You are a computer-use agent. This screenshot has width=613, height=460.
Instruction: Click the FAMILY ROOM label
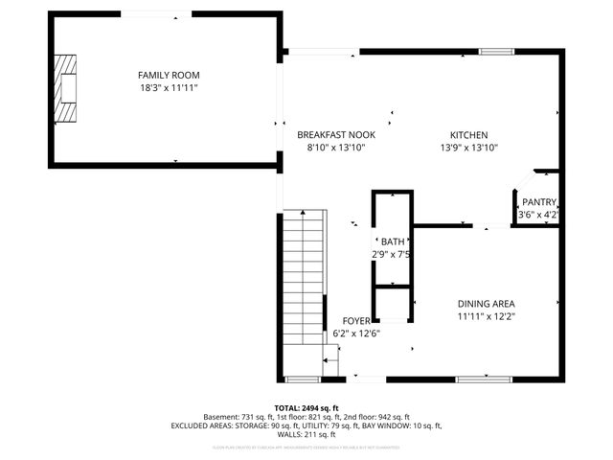(x=169, y=75)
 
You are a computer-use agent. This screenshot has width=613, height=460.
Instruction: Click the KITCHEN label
(x=470, y=135)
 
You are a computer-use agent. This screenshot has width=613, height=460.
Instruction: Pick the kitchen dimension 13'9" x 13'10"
(x=469, y=148)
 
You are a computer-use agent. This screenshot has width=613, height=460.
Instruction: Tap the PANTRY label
(x=538, y=202)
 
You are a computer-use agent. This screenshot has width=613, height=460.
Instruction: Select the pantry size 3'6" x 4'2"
(x=537, y=216)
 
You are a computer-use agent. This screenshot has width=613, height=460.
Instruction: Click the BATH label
(x=393, y=241)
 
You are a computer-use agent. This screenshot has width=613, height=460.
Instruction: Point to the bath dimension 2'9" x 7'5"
(x=393, y=255)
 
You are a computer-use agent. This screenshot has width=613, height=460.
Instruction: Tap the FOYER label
(x=356, y=320)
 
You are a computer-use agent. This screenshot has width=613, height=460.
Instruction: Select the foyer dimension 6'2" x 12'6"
(x=355, y=333)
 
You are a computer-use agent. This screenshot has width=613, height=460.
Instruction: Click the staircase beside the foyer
(x=304, y=283)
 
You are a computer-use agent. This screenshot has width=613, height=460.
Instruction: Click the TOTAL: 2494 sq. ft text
(x=306, y=407)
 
